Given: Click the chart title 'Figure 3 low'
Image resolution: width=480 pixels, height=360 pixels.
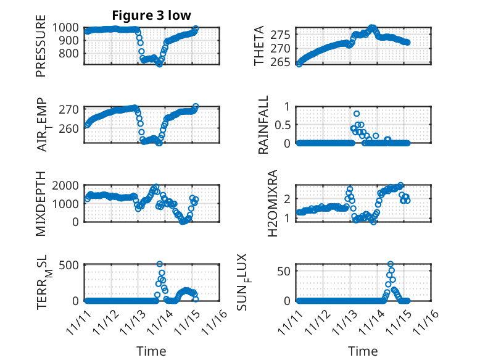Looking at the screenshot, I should tap(152, 15).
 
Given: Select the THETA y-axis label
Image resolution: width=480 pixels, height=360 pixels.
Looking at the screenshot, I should tap(259, 46).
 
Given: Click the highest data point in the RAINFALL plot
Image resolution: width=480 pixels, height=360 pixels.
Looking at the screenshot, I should tap(357, 114).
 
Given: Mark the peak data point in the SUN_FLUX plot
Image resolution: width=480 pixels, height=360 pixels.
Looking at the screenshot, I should tap(391, 264).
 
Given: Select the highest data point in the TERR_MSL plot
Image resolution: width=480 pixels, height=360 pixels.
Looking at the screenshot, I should tap(160, 264).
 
